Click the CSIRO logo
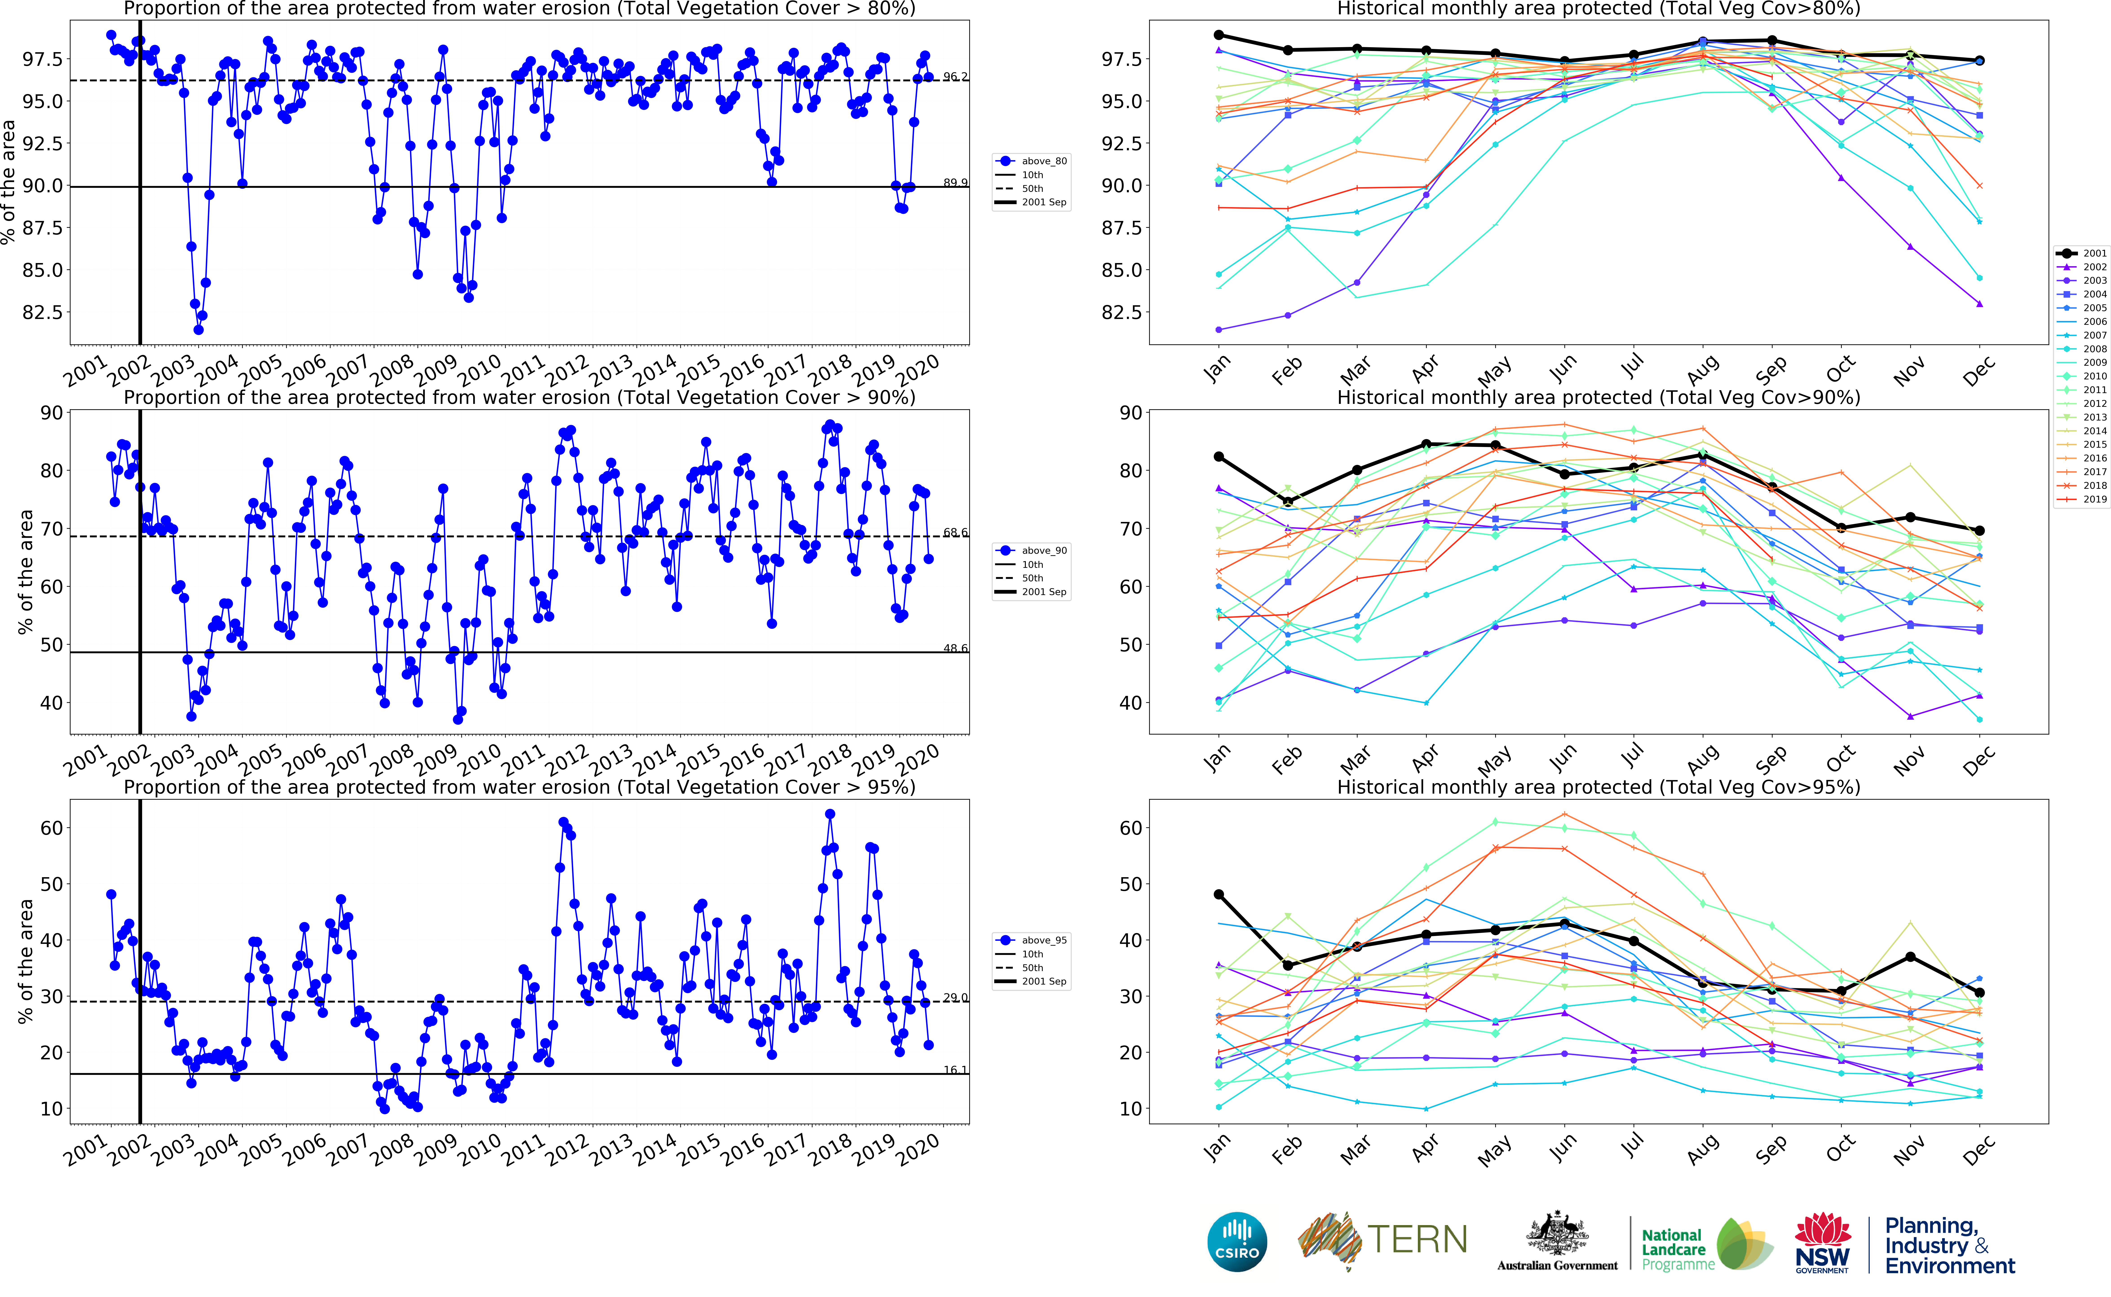point(1237,1242)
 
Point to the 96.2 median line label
point(955,76)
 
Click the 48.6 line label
point(955,648)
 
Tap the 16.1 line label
point(955,1070)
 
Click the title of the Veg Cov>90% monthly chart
point(1598,397)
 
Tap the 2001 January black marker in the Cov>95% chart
point(1218,895)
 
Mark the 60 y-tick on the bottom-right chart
point(1131,828)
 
